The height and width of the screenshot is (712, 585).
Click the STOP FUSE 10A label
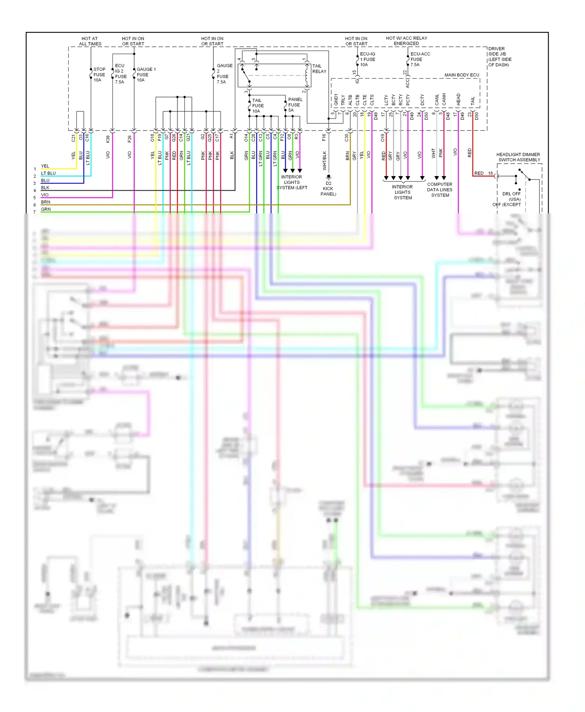pos(99,75)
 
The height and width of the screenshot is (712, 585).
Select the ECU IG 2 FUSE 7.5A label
pos(120,74)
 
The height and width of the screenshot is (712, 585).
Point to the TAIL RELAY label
pos(319,69)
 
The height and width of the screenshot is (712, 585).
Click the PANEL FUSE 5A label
pos(295,105)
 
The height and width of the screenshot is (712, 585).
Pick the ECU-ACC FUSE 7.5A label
pos(420,59)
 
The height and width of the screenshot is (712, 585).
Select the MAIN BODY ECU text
pos(461,75)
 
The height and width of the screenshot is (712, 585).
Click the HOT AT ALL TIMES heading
pos(90,41)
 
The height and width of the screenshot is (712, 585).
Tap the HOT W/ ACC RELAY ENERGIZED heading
pos(406,41)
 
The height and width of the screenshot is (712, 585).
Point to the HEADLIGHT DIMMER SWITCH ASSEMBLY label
pos(518,157)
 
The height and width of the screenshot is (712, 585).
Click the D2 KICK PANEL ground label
pos(328,189)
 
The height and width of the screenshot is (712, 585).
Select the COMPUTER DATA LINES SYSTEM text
pos(440,190)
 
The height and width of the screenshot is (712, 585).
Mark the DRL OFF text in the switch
pos(511,194)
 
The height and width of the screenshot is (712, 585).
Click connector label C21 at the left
pos(73,138)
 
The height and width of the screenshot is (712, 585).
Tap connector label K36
pos(108,138)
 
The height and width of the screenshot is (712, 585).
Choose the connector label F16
pos(324,137)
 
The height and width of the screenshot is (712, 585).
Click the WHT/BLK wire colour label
pos(324,160)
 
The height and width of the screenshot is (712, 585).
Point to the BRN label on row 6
pos(46,202)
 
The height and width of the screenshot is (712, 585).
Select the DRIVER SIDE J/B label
pos(499,57)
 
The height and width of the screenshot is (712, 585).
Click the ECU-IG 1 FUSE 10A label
pos(367,59)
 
